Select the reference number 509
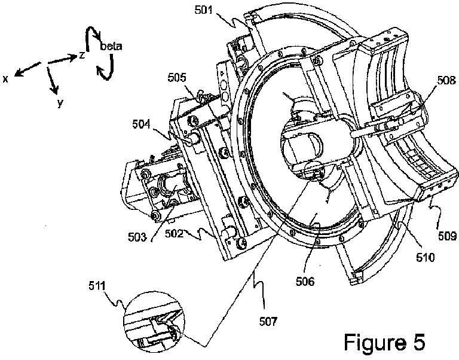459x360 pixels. click(445, 235)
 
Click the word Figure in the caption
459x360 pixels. click(374, 343)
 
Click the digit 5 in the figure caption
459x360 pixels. click(417, 343)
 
